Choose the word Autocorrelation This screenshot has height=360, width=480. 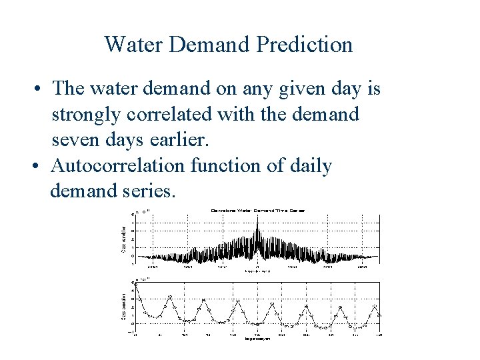pyautogui.click(x=117, y=165)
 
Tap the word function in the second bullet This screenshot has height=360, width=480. pyautogui.click(x=228, y=165)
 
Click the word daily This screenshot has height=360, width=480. pyautogui.click(x=310, y=165)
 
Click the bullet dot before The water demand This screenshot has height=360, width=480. pyautogui.click(x=40, y=89)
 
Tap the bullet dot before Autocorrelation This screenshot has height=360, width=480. pyautogui.click(x=40, y=166)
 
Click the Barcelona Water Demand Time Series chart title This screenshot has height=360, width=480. pyautogui.click(x=257, y=210)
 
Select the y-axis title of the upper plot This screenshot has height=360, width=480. pyautogui.click(x=123, y=239)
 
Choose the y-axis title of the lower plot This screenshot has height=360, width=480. pyautogui.click(x=123, y=307)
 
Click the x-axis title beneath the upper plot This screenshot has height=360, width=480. pyautogui.click(x=257, y=271)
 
